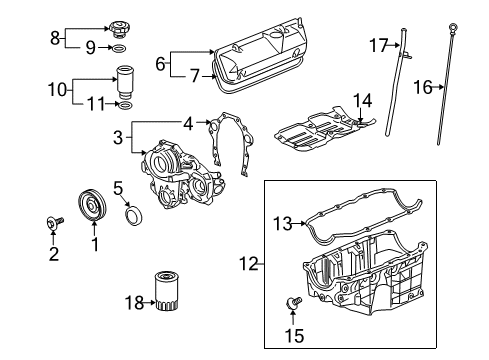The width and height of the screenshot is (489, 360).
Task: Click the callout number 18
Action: pyautogui.click(x=134, y=303)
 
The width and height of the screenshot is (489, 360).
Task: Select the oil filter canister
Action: pyautogui.click(x=166, y=291)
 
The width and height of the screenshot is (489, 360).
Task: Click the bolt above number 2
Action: pyautogui.click(x=54, y=223)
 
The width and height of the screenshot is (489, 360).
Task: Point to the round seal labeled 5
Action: pyautogui.click(x=134, y=216)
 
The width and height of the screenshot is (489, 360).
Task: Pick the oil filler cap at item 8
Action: pyautogui.click(x=120, y=28)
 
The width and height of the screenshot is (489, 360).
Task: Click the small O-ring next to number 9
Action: pyautogui.click(x=120, y=48)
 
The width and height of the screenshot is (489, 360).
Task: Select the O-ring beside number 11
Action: pyautogui.click(x=126, y=106)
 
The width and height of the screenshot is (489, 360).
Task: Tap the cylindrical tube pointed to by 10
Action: pyautogui.click(x=125, y=82)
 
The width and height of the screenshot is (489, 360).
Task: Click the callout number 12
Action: pyautogui.click(x=249, y=264)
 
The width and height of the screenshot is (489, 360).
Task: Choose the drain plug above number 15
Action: pyautogui.click(x=293, y=303)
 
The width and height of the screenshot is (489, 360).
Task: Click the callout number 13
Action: pyautogui.click(x=283, y=223)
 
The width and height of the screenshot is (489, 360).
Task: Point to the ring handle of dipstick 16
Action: pyautogui.click(x=452, y=26)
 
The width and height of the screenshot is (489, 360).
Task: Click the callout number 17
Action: pyautogui.click(x=379, y=45)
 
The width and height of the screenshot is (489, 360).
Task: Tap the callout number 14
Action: pyautogui.click(x=362, y=101)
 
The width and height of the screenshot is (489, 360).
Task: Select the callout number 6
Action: pyautogui.click(x=160, y=63)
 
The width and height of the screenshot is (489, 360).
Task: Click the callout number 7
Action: pyautogui.click(x=194, y=76)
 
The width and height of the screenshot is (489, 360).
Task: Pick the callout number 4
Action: pyautogui.click(x=188, y=124)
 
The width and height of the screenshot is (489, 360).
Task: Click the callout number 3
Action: pyautogui.click(x=118, y=137)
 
